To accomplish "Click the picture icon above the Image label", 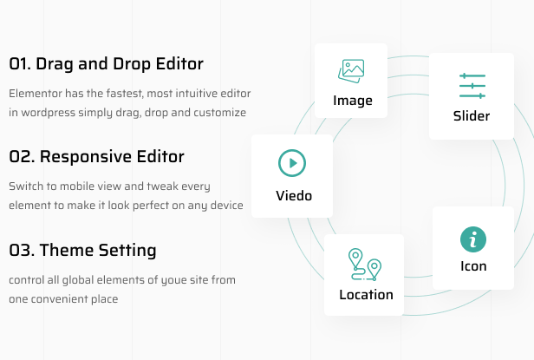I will pyautogui.click(x=351, y=71).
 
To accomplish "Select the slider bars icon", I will pyautogui.click(x=472, y=86).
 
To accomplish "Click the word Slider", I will pyautogui.click(x=472, y=116).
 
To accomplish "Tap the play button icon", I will pyautogui.click(x=292, y=163).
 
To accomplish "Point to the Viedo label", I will pyautogui.click(x=292, y=195).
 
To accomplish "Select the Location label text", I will pyautogui.click(x=366, y=295).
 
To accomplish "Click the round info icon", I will pyautogui.click(x=473, y=239).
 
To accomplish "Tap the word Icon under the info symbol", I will pyautogui.click(x=473, y=266).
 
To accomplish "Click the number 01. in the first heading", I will pyautogui.click(x=21, y=63).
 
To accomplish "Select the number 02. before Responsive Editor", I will pyautogui.click(x=22, y=157).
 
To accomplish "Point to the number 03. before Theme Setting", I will pyautogui.click(x=22, y=251).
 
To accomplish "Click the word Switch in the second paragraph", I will pyautogui.click(x=25, y=187).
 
